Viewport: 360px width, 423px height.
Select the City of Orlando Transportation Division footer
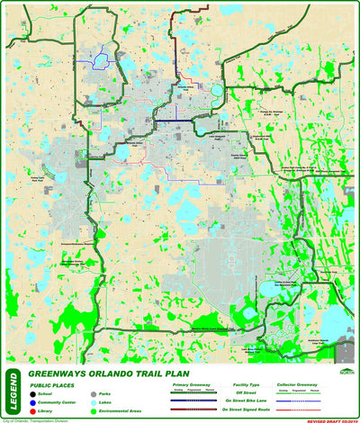tap(32, 420)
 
